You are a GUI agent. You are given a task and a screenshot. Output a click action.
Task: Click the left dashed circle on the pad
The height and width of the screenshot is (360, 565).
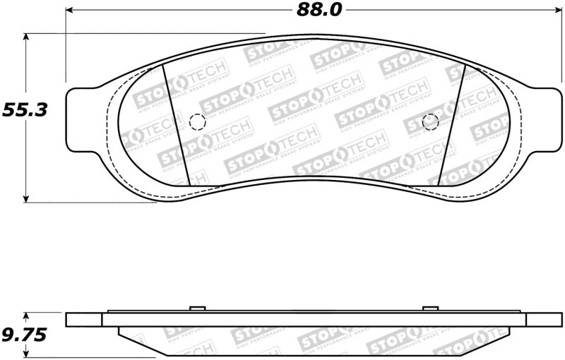[198, 122]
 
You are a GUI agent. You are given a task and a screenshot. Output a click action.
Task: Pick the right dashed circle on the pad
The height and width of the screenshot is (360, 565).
[430, 121]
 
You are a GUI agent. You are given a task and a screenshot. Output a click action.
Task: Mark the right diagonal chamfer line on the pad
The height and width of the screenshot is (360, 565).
[450, 127]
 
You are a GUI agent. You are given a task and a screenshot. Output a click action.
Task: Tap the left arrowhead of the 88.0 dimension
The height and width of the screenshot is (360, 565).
[71, 10]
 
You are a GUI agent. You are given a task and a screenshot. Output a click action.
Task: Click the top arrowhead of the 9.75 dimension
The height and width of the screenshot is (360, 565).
[26, 317]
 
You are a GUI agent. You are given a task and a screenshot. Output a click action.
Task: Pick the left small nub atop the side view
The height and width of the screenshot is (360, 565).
[198, 308]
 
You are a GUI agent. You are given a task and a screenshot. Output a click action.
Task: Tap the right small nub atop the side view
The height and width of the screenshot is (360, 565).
[430, 308]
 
